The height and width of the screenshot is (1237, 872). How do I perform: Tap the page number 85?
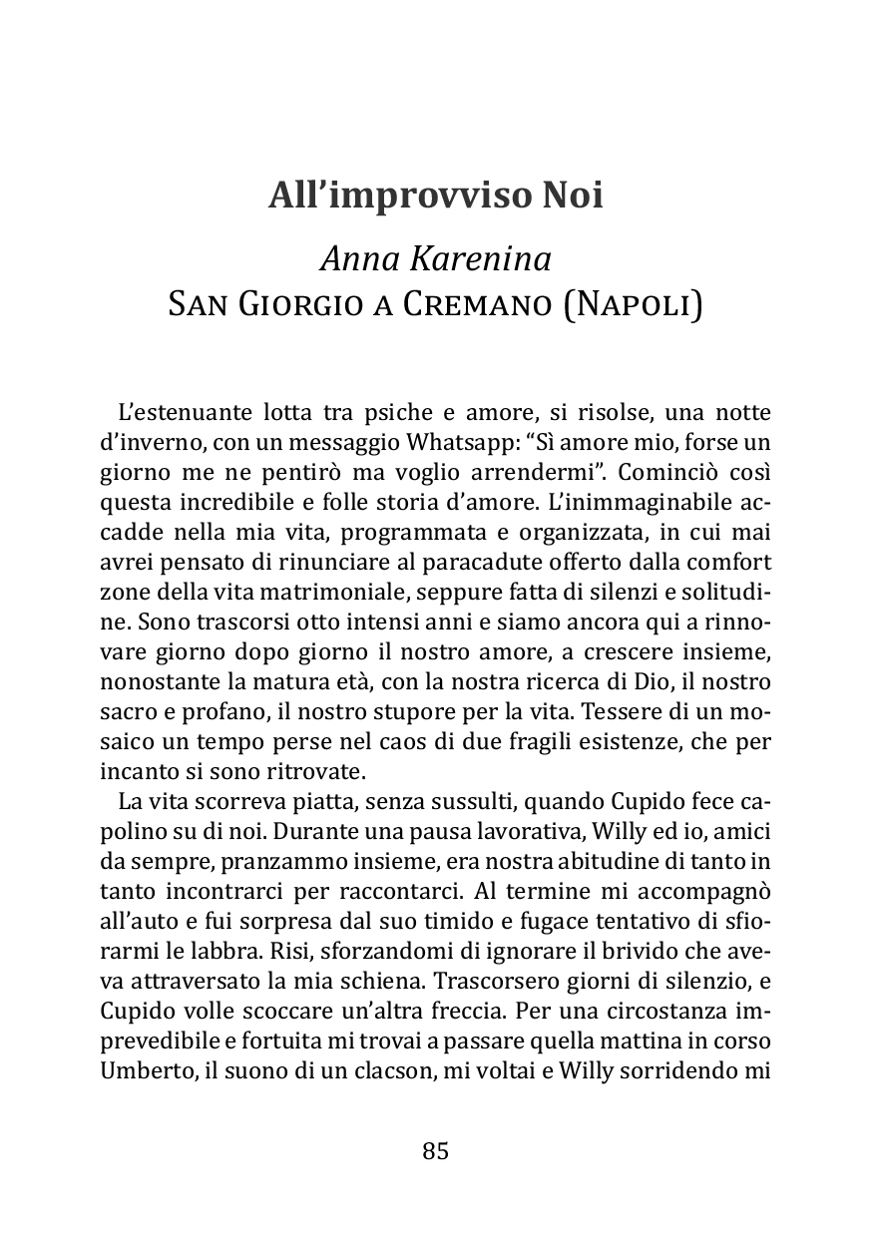pos(436,1150)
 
